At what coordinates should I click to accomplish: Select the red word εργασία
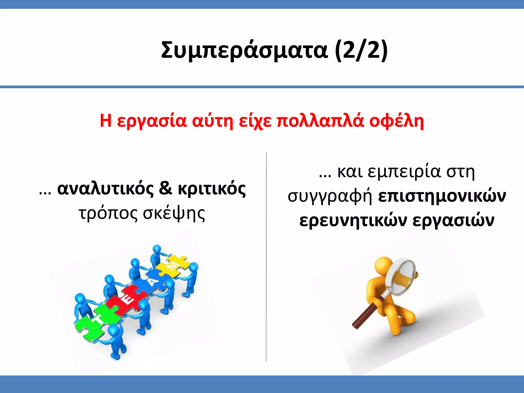coord(152,121)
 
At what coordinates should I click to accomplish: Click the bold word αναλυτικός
coord(105,189)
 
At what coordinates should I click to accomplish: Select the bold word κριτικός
coord(212,189)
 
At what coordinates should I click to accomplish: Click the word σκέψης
coord(174,213)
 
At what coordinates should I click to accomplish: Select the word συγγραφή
coord(330,196)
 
